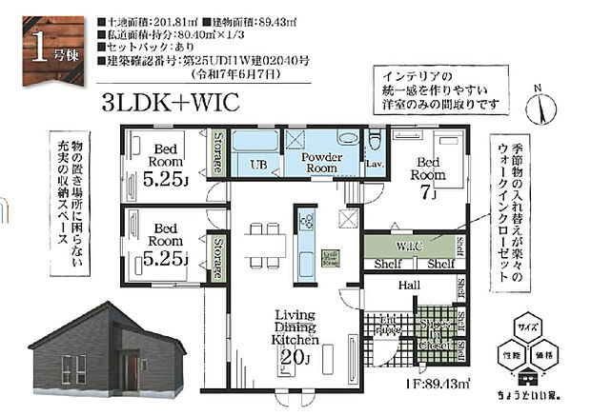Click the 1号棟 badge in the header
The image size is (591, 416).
tap(45, 42)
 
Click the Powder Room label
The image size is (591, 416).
tap(316, 162)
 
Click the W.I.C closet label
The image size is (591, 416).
tap(410, 245)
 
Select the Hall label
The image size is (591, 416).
tap(411, 285)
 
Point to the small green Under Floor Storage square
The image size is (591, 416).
tap(331, 258)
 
